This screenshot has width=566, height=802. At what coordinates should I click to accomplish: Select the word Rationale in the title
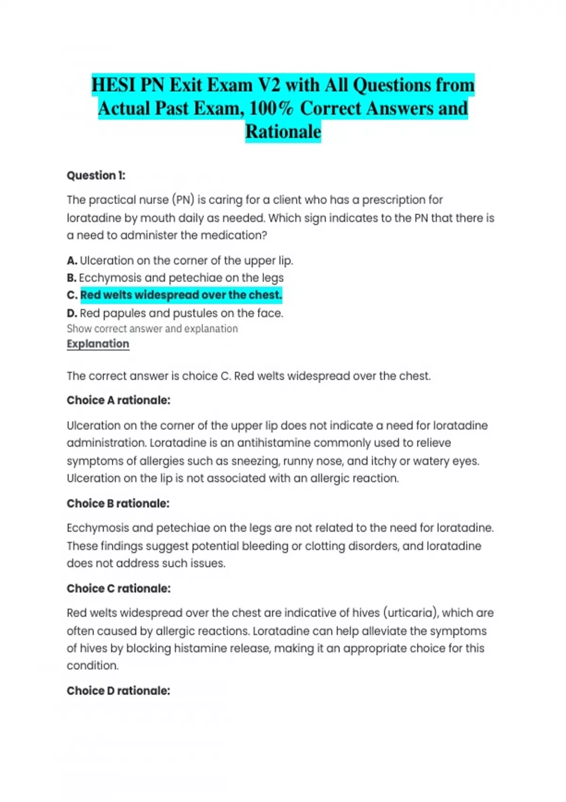(283, 132)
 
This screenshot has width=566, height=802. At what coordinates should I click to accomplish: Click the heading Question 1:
(96, 175)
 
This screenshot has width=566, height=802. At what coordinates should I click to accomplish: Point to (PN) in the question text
(183, 200)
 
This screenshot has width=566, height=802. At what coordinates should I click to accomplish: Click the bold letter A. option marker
(72, 261)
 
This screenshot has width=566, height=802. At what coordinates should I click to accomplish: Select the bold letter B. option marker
(72, 278)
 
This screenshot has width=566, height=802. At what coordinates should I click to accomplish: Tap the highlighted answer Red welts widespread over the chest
(181, 295)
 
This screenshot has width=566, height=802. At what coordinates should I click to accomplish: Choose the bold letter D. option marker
(72, 313)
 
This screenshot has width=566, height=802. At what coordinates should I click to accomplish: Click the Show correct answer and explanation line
(152, 329)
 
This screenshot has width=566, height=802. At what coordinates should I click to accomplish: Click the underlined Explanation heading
(98, 344)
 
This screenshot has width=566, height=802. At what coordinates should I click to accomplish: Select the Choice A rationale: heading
(118, 401)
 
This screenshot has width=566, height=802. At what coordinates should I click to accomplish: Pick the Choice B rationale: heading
(118, 504)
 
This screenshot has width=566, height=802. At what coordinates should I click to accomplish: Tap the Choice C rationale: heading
(118, 589)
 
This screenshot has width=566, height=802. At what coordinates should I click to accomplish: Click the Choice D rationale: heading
(118, 691)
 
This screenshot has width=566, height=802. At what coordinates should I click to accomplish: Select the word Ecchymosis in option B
(110, 278)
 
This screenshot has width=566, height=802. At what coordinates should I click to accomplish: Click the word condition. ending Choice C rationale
(93, 666)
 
